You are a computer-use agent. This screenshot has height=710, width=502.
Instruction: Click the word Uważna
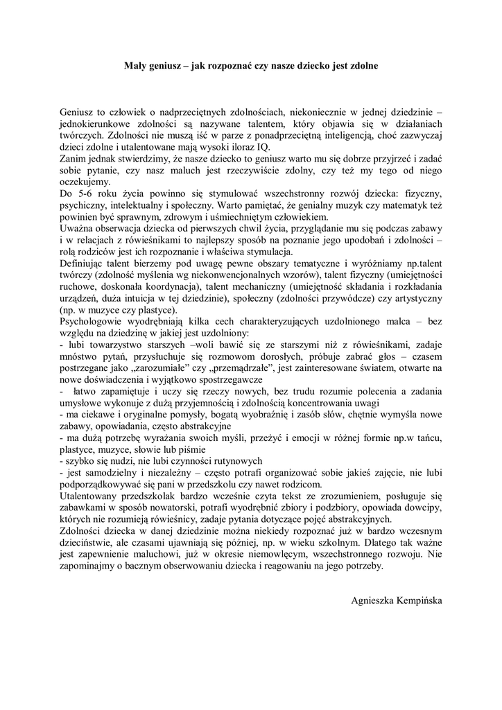click(78, 229)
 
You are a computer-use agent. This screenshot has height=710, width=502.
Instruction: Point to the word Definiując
click(84, 264)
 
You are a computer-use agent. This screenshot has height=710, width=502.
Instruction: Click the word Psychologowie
click(94, 323)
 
